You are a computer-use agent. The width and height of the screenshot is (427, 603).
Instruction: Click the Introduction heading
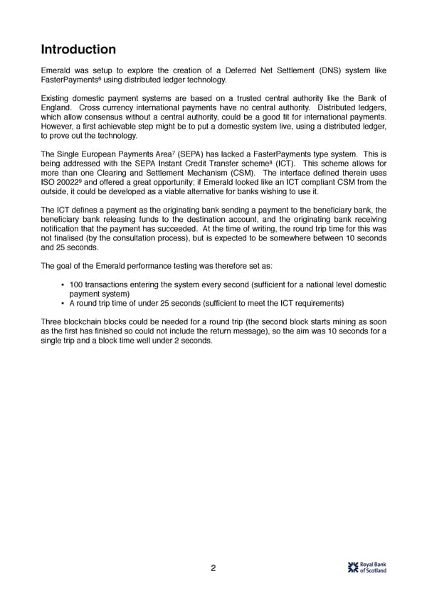click(78, 50)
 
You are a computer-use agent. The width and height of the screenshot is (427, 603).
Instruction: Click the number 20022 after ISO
click(70, 184)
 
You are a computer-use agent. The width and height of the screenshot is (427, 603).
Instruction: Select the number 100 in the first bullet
click(77, 285)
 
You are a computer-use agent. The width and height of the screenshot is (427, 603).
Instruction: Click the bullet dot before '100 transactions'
click(63, 285)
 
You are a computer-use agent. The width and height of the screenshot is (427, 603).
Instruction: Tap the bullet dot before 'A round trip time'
click(63, 304)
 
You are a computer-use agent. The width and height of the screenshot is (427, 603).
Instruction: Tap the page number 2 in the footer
click(213, 567)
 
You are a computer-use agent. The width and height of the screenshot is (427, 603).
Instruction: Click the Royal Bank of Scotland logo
click(367, 567)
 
